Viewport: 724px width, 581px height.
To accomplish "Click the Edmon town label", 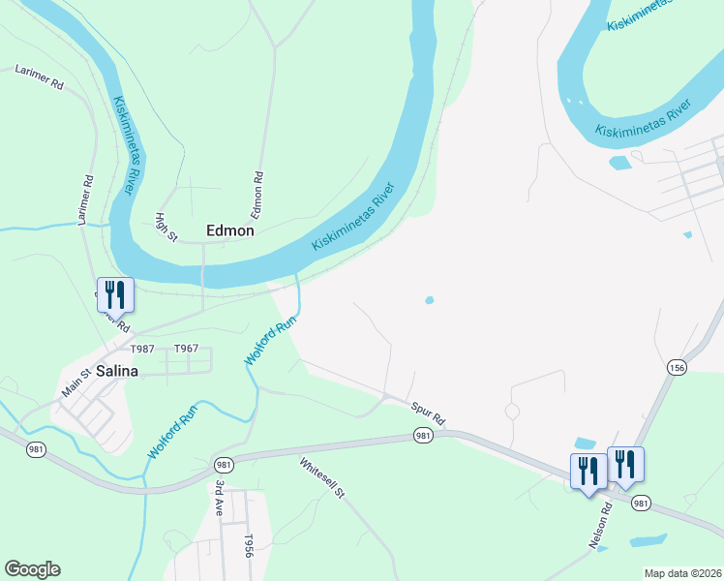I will click(230, 230).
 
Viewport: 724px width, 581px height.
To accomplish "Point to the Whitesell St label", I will click(322, 477).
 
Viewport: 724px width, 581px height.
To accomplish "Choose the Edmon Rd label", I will click(258, 196).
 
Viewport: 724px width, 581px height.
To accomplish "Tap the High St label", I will click(167, 229).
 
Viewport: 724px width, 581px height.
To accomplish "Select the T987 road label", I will click(142, 349).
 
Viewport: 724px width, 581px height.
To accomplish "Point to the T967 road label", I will click(186, 349).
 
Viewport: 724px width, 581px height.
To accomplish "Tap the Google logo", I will click(32, 569).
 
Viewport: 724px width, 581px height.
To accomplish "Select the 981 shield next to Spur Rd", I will click(423, 437).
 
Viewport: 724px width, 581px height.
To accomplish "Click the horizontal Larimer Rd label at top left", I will click(39, 76).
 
